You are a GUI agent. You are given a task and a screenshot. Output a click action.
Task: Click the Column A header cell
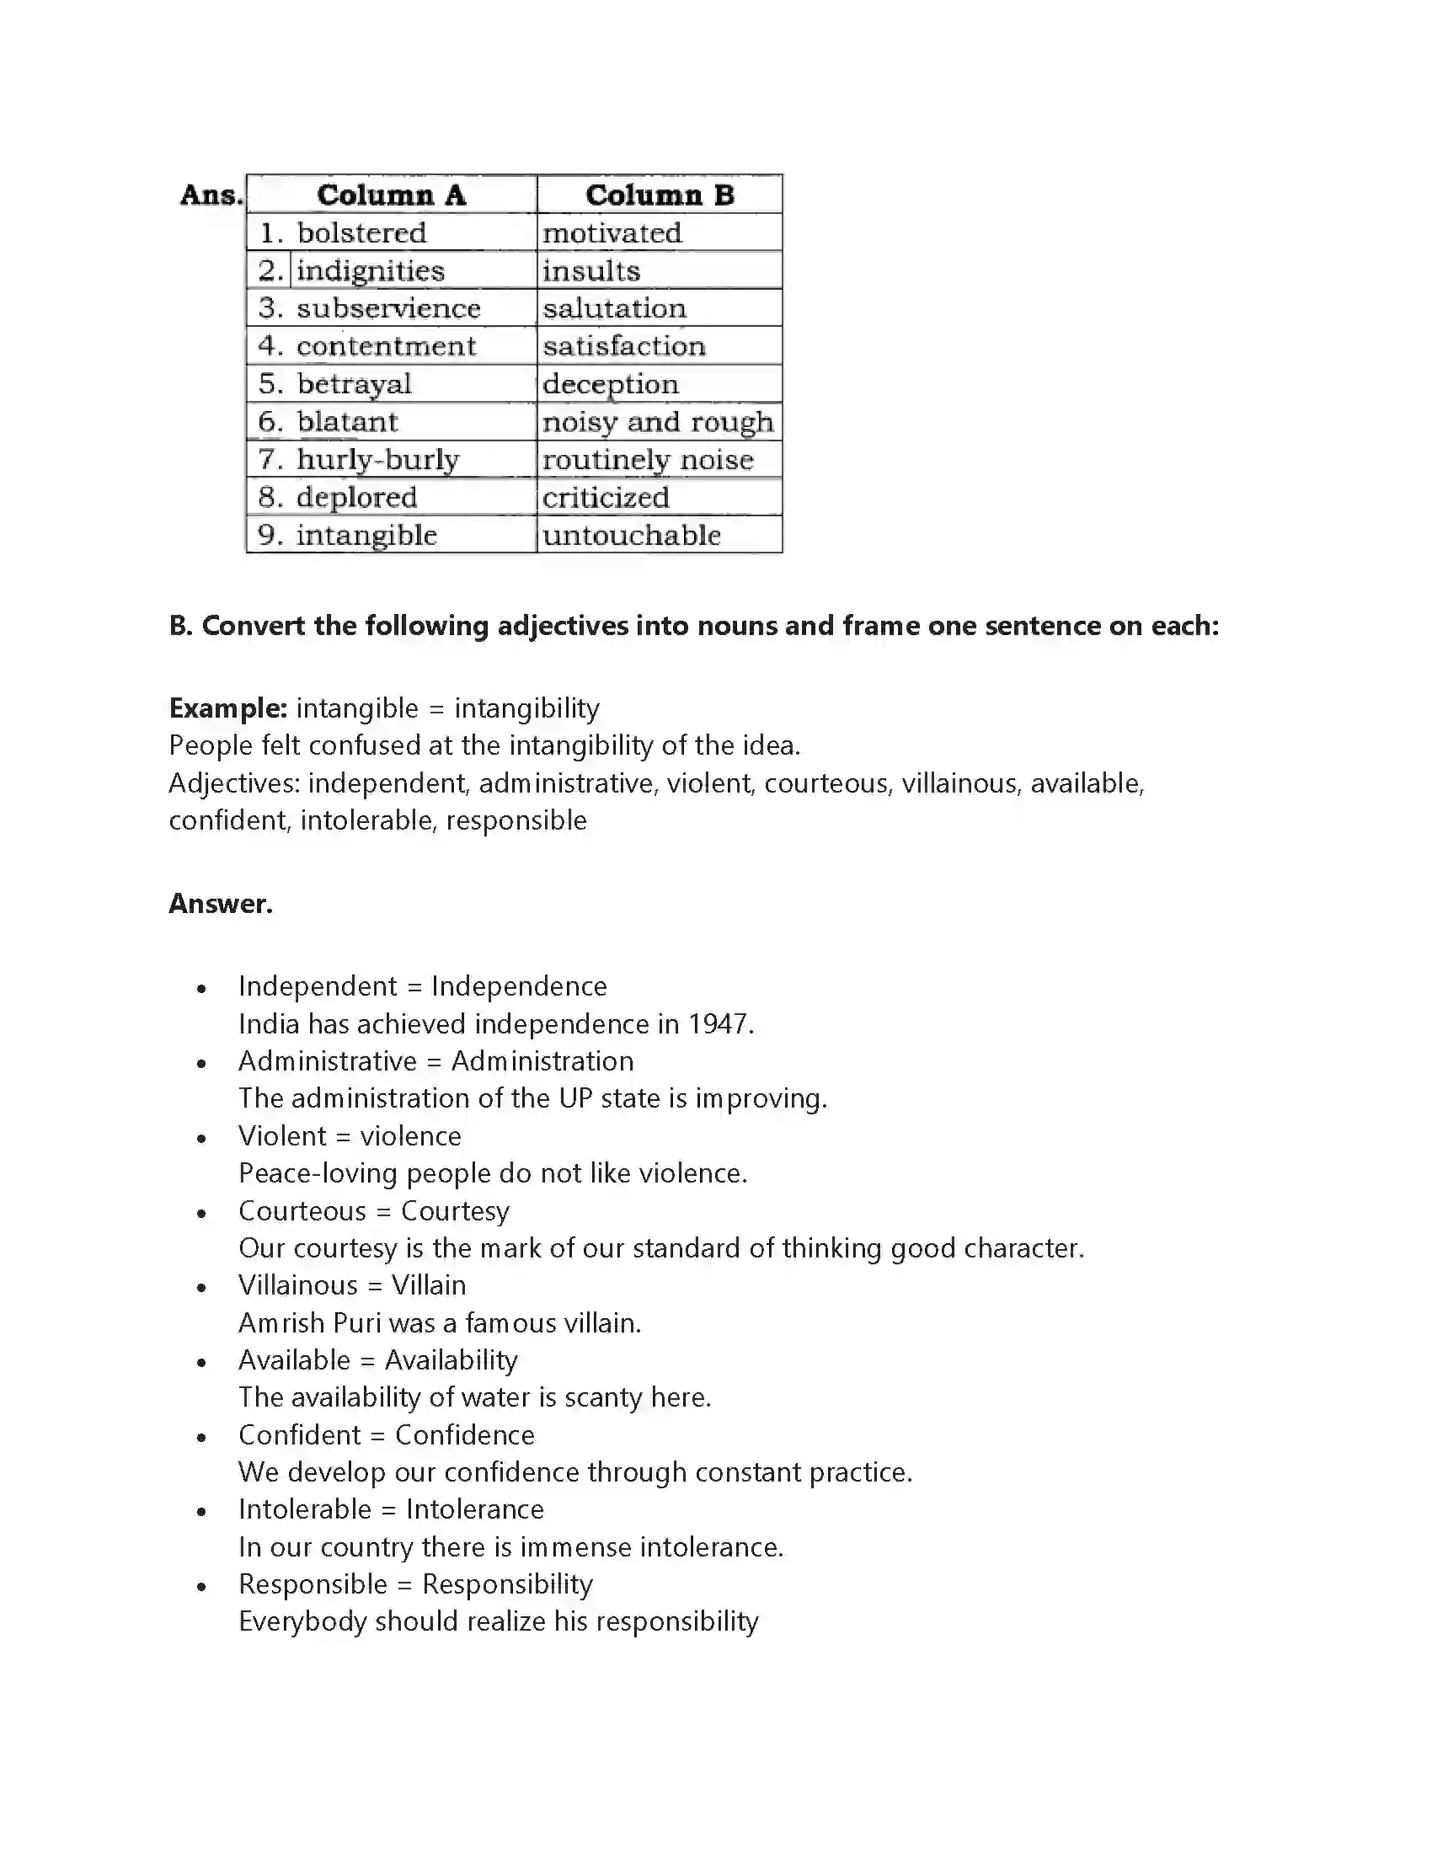pyautogui.click(x=391, y=195)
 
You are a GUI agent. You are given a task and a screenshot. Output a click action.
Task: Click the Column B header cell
pyautogui.click(x=660, y=195)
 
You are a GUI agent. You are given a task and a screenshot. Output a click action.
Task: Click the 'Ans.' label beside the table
pyautogui.click(x=211, y=195)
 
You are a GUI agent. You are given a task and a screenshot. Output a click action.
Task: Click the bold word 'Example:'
pyautogui.click(x=227, y=708)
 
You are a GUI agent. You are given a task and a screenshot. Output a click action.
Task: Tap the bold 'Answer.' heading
pyautogui.click(x=221, y=903)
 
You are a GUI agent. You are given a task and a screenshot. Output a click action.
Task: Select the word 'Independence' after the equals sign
pyautogui.click(x=518, y=986)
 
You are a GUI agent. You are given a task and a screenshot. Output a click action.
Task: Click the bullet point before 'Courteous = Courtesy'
pyautogui.click(x=201, y=1214)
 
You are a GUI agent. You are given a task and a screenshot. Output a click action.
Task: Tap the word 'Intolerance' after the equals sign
pyautogui.click(x=474, y=1509)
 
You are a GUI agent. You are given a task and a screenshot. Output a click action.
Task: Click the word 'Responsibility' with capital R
pyautogui.click(x=507, y=1584)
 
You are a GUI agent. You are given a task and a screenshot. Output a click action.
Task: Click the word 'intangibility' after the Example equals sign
pyautogui.click(x=526, y=708)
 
